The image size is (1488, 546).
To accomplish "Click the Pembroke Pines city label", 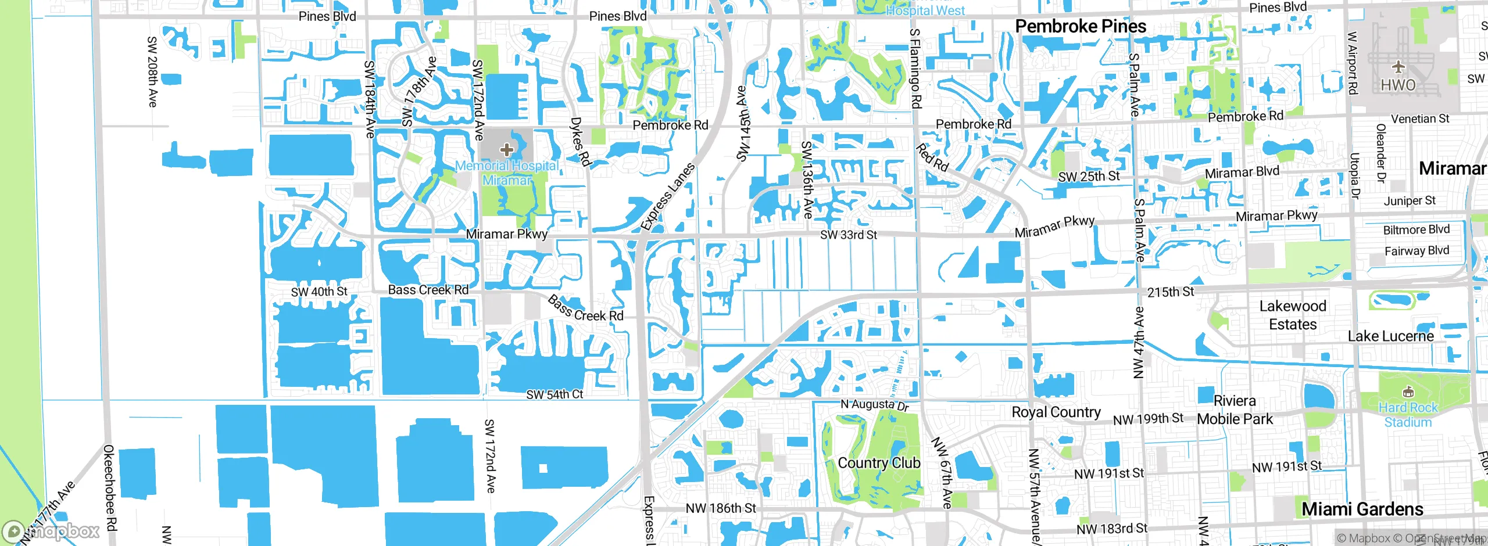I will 1080,26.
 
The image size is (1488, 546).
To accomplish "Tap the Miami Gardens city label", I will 1362,509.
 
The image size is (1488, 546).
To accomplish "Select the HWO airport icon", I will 1398,67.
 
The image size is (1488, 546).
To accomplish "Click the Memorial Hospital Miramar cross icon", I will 506,150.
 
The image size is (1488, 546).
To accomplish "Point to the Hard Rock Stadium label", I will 1407,415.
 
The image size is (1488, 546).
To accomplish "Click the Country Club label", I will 879,463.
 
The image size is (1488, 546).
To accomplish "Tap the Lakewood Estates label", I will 1293,315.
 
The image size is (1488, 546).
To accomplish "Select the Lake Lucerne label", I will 1390,336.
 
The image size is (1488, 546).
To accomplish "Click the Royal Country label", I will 1056,412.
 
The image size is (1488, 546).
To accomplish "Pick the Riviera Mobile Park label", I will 1235,410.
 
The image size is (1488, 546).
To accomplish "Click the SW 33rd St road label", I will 848,235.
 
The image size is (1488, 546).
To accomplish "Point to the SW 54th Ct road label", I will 554,394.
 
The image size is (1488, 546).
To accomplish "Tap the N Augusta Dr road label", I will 874,405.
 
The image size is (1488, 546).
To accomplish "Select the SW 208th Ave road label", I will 152,71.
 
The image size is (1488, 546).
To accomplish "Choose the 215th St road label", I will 1170,292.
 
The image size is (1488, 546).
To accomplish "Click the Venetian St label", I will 1420,118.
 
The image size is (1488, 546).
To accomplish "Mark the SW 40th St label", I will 319,291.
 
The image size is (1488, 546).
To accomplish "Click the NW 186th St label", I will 720,508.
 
